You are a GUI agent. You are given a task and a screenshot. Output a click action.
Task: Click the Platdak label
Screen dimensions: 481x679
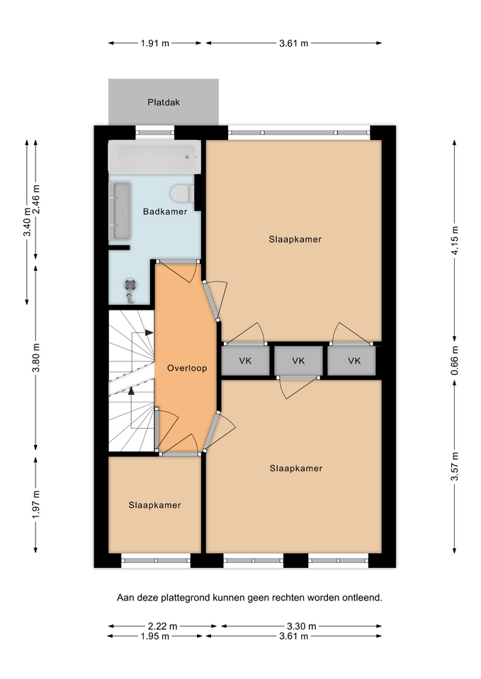pos(164,103)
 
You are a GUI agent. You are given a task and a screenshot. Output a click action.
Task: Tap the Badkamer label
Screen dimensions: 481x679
pos(165,211)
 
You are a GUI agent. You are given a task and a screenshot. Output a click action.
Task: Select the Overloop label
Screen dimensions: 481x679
pos(187,368)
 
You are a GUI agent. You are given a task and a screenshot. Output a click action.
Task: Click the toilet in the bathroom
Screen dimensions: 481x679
pos(182,194)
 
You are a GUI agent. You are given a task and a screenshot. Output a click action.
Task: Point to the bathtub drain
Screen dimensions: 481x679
pos(187,157)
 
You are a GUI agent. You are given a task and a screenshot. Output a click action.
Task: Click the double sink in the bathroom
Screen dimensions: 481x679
pos(122,211)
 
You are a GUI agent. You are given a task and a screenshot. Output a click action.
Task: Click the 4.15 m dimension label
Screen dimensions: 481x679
pos(455,240)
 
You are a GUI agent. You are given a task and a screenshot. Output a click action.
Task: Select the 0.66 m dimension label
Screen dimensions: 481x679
pos(455,360)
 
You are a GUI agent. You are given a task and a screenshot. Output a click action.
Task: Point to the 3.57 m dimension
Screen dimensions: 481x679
pos(455,466)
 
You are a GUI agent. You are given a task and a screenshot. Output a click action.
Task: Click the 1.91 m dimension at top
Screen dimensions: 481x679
pos(155,43)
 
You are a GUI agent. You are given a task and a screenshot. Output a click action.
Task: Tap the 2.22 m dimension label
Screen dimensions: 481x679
pos(163,626)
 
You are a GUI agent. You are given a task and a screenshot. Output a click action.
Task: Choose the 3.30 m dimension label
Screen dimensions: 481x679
pos(302,626)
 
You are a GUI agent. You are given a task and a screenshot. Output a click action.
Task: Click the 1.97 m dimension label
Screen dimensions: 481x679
pos(36,504)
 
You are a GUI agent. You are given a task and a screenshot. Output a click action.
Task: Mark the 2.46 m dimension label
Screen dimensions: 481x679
pos(36,199)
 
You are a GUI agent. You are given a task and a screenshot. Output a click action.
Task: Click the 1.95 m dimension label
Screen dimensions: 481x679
pos(155,636)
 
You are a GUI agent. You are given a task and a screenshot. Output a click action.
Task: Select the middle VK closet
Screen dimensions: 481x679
pos(298,361)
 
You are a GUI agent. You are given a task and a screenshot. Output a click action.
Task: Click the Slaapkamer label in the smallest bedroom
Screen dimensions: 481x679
pos(155,505)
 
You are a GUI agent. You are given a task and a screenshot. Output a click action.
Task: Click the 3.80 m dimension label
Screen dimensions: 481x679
pos(36,358)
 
